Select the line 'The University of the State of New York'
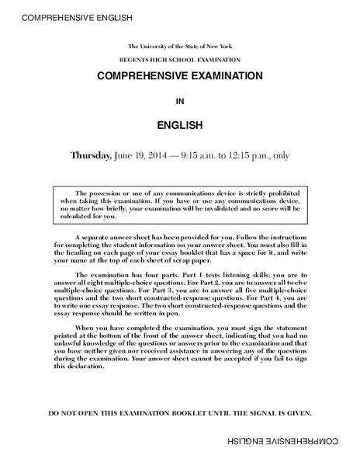point(180,47)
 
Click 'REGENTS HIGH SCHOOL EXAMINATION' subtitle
point(180,60)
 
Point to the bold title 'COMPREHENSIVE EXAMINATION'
point(180,78)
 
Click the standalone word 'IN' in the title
point(180,100)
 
